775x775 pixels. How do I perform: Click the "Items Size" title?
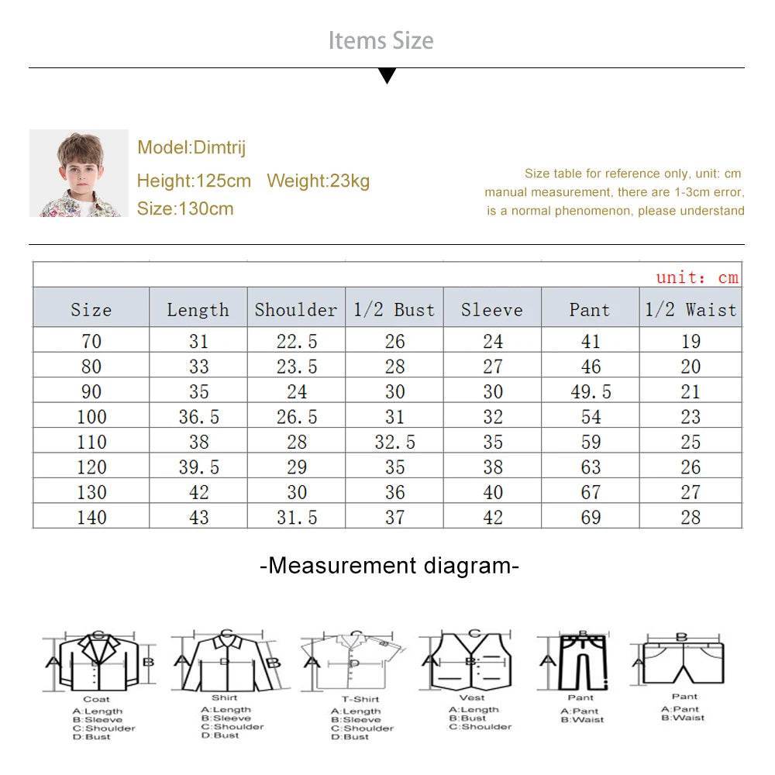381,40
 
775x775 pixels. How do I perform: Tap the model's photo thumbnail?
78,173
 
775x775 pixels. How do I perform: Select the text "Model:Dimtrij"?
191,148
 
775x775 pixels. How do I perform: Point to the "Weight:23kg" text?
318,181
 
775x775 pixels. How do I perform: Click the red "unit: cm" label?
697,277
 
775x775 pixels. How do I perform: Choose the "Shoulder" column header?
296,310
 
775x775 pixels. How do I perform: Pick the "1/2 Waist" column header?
691,310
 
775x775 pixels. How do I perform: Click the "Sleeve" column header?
492,310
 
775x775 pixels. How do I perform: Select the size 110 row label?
91,443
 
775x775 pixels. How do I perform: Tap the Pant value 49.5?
591,392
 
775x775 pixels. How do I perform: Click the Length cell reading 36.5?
198,417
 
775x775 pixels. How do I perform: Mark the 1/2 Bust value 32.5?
394,443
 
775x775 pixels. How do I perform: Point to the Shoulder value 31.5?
296,517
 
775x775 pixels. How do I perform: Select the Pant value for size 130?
591,492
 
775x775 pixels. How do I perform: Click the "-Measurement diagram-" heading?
389,566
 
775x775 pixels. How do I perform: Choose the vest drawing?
471,661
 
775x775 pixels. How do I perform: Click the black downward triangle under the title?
387,76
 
